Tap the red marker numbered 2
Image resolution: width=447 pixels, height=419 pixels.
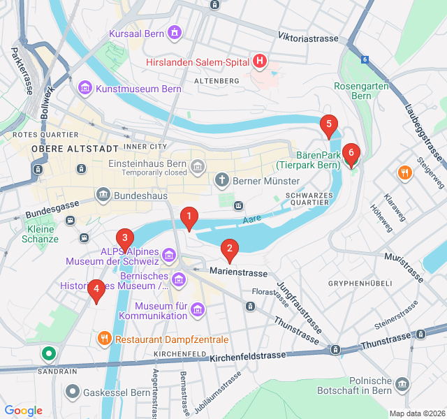point(229,249)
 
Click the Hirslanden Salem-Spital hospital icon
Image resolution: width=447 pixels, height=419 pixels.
point(260,62)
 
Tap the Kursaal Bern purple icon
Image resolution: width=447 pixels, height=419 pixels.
point(174,33)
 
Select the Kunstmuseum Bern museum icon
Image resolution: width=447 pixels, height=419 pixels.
point(85,88)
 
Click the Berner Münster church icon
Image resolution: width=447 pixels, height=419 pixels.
point(222,180)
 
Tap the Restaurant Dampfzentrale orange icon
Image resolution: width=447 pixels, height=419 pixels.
point(104,339)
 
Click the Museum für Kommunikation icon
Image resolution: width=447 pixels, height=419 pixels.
point(198,308)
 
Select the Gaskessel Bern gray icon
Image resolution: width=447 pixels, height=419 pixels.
point(72,392)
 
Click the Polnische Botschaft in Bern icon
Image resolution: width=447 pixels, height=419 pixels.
point(402,384)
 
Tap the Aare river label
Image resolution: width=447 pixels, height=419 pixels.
point(251,220)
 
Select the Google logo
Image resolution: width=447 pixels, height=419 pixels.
point(24,411)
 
